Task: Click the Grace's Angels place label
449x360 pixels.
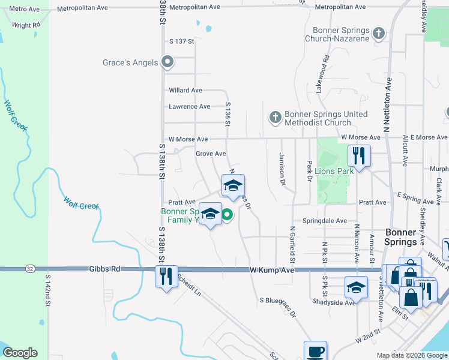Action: tap(130, 62)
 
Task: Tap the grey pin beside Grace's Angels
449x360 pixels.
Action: tap(168, 62)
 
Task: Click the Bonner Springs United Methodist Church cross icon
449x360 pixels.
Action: tap(275, 117)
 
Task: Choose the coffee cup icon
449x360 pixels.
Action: tap(315, 351)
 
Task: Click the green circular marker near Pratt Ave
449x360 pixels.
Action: tap(228, 214)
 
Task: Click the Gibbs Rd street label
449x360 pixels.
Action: tap(104, 269)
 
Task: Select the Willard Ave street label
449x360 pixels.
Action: tap(185, 91)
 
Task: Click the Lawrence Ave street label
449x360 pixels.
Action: tap(189, 107)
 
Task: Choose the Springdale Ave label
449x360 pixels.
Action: tap(325, 221)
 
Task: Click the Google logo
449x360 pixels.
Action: tap(20, 353)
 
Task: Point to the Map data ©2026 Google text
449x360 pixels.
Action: tap(412, 355)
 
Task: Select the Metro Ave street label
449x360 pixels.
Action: tap(25, 10)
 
